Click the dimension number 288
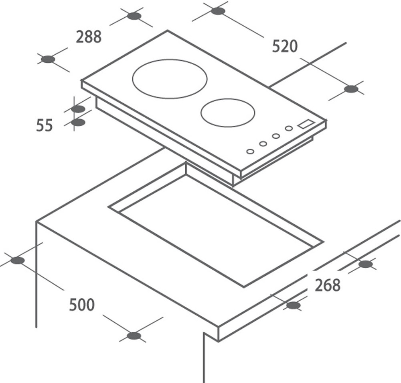89,37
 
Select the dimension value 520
285,46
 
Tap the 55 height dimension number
44,125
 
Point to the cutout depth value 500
82,305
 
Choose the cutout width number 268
328,285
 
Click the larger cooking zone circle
170,79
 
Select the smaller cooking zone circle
228,113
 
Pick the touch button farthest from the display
250,151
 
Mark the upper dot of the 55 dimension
78,109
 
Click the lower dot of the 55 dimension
78,122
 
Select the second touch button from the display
276,136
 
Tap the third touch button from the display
263,143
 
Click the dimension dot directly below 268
294,305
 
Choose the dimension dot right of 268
365,264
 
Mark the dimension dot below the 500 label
134,336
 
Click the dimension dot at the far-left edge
18,260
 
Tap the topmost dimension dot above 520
218,11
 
